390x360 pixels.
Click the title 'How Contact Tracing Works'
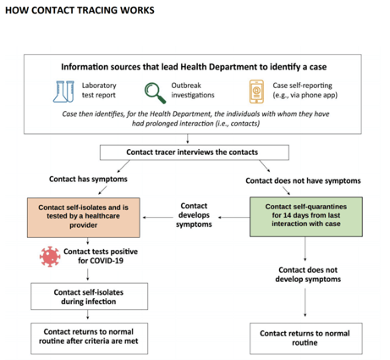pos(80,10)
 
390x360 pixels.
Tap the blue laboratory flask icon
pos(63,91)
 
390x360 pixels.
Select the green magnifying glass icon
pos(155,93)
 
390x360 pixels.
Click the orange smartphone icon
pos(256,91)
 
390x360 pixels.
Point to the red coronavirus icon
pos(50,257)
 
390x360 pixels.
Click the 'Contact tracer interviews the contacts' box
pos(195,152)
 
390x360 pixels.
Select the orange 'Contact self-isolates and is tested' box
pos(84,218)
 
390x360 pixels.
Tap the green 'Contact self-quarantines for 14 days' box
pos(306,217)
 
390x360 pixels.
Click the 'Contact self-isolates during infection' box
pos(89,296)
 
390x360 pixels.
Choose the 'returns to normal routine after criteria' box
pos(89,338)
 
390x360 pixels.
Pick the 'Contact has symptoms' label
pos(88,179)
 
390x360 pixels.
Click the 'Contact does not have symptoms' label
pos(303,180)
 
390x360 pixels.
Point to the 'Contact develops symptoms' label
pos(194,215)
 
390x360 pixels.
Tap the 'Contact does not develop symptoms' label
pos(308,274)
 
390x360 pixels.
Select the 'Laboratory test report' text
pos(99,90)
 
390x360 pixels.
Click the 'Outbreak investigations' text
pos(193,90)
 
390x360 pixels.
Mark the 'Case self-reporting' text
pos(302,86)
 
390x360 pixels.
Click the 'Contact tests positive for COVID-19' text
pos(101,256)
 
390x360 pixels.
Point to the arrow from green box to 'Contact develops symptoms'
pos(233,217)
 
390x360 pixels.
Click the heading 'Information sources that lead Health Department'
pos(194,67)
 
